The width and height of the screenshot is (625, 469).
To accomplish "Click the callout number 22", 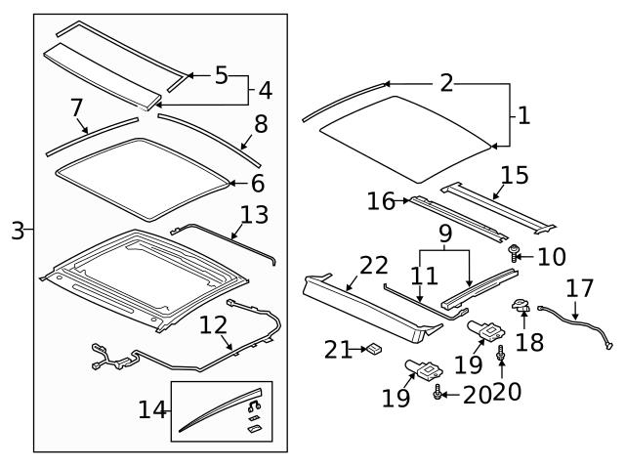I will [x=373, y=265].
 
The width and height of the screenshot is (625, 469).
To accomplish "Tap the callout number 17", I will [x=579, y=290].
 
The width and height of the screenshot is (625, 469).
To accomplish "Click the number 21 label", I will [x=337, y=348].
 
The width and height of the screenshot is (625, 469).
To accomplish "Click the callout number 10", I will [x=552, y=257].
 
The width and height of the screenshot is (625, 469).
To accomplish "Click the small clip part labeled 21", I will [x=373, y=348].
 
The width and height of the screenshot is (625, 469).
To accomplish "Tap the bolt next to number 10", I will [x=514, y=254].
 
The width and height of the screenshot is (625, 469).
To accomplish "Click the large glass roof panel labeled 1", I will [x=405, y=137].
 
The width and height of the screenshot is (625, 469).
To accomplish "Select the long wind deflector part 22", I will [x=361, y=303].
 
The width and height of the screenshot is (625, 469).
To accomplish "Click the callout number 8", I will [x=261, y=125].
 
